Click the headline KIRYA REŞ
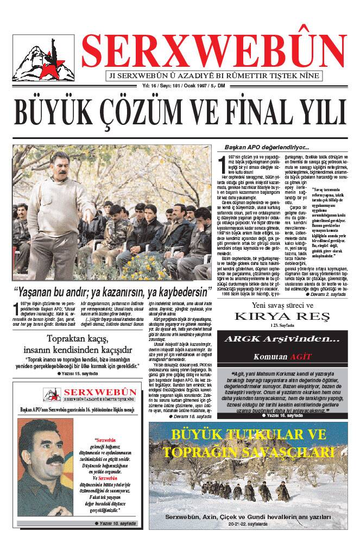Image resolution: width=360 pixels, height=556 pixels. [281, 316]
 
